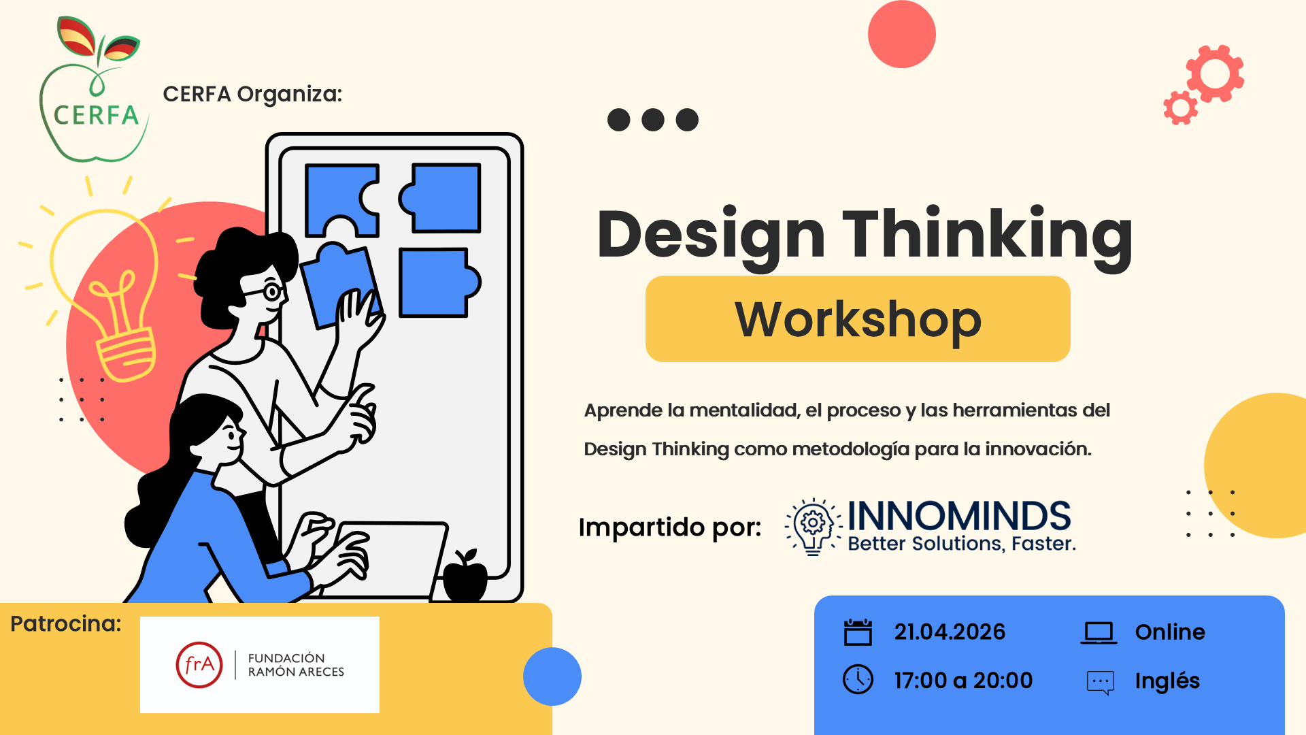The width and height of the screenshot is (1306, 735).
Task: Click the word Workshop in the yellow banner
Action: pyautogui.click(x=858, y=319)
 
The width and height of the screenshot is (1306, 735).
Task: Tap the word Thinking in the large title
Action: pyautogui.click(x=988, y=235)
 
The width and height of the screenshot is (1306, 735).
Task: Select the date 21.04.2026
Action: pyautogui.click(x=950, y=632)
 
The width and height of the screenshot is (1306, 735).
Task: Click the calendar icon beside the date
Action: pyautogui.click(x=858, y=632)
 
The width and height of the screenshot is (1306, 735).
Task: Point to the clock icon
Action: pyautogui.click(x=858, y=679)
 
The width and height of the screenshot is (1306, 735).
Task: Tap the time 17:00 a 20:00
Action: pyautogui.click(x=963, y=680)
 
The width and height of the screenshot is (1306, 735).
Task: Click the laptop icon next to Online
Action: pyautogui.click(x=1099, y=633)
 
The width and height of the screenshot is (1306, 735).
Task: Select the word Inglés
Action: pyautogui.click(x=1167, y=681)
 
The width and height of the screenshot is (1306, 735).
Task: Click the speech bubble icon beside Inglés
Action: pyautogui.click(x=1101, y=683)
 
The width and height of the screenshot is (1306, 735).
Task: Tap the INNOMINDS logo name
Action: pyautogui.click(x=959, y=516)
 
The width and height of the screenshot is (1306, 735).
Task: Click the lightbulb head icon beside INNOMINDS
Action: pyautogui.click(x=813, y=526)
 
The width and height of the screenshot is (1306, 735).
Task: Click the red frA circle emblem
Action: pyautogui.click(x=199, y=665)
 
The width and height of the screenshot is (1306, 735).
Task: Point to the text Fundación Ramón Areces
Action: pyautogui.click(x=296, y=665)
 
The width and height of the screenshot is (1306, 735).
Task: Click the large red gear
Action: pyautogui.click(x=1216, y=73)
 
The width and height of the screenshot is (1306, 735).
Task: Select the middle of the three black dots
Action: pyautogui.click(x=653, y=120)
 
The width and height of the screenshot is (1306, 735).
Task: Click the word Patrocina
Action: pyautogui.click(x=65, y=623)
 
